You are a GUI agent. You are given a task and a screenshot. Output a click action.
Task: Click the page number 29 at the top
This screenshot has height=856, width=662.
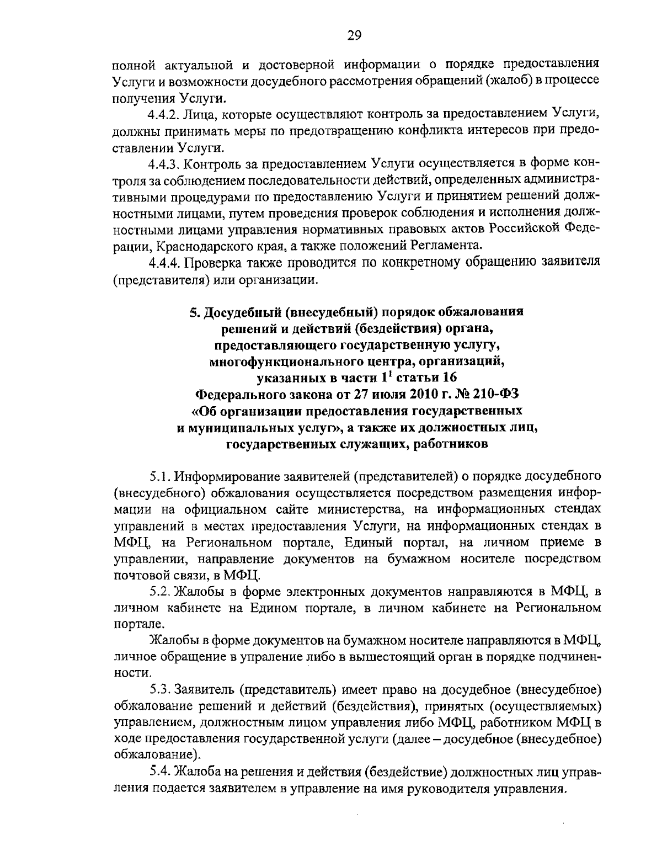[x=354, y=36]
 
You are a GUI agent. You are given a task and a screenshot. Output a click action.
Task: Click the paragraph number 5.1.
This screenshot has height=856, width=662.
[x=159, y=475]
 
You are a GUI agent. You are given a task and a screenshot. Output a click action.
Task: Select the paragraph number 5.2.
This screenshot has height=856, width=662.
[x=159, y=592]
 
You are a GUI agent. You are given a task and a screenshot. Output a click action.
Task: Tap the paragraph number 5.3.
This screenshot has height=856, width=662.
[x=159, y=689]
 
